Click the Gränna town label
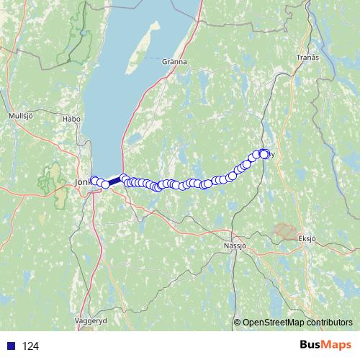(x=174, y=62)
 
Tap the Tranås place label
(x=307, y=57)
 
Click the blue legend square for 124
(x=11, y=346)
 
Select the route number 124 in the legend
(x=30, y=346)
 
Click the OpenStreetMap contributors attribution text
(x=297, y=323)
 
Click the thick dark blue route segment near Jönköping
(x=114, y=181)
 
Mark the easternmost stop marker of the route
(x=265, y=153)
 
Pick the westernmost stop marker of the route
(x=94, y=179)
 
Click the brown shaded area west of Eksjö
(x=285, y=230)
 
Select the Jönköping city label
(x=81, y=183)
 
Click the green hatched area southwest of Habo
(x=50, y=177)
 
